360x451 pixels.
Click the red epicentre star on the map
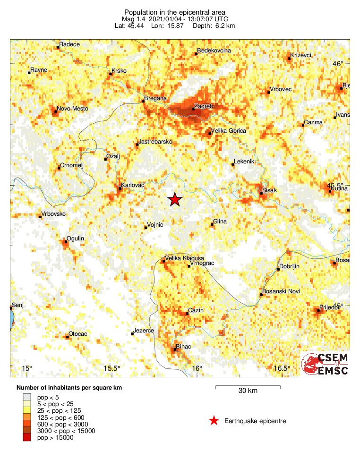click(x=175, y=199)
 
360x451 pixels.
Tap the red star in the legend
click(x=214, y=421)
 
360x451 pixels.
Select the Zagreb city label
click(x=204, y=107)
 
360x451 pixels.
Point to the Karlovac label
click(x=132, y=185)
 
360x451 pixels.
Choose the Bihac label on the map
click(x=183, y=347)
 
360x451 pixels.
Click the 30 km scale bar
click(x=248, y=387)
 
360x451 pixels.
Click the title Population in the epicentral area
click(x=175, y=12)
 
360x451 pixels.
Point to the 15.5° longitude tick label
click(x=112, y=368)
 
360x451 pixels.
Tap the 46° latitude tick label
click(x=338, y=64)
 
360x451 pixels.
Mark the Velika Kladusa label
click(x=184, y=258)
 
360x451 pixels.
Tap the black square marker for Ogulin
click(x=65, y=241)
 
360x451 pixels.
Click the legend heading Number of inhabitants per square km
click(x=69, y=388)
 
